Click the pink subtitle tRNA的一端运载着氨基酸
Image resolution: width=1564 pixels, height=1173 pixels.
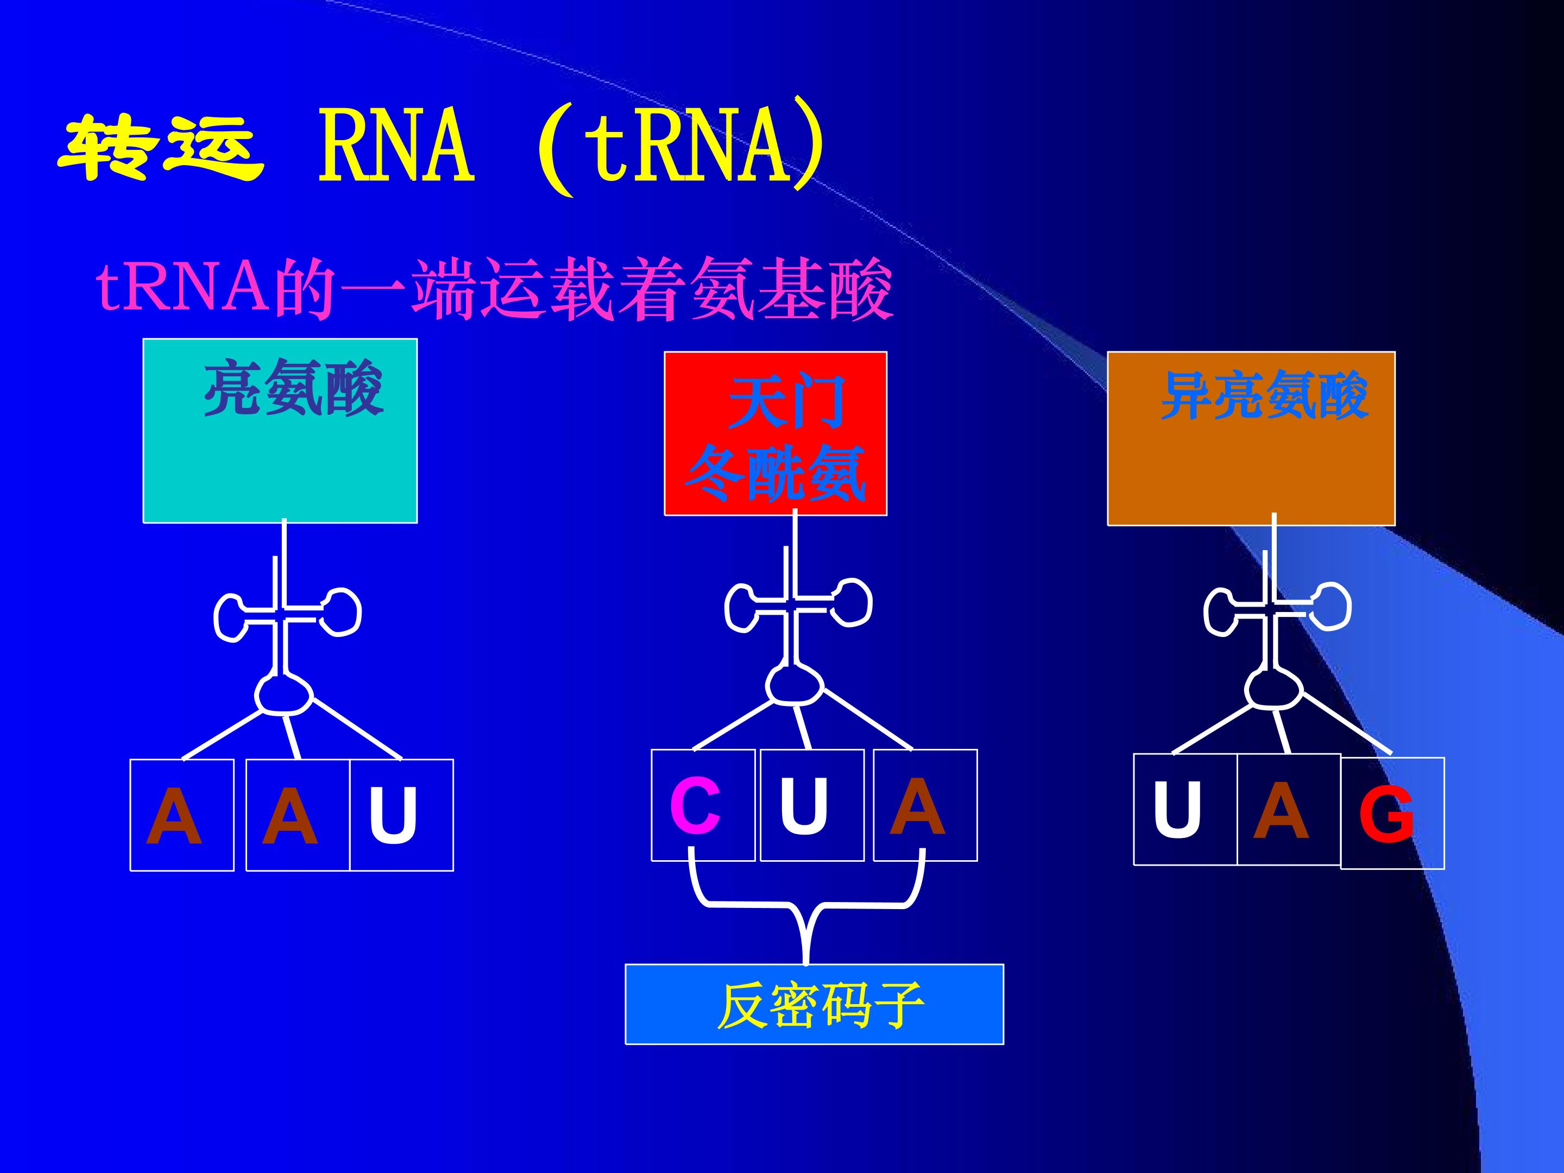tap(494, 289)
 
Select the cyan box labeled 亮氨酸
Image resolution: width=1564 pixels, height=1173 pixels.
tap(280, 431)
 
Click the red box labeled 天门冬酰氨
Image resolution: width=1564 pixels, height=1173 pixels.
tap(775, 433)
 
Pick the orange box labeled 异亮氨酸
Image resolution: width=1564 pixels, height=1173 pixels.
tap(1251, 438)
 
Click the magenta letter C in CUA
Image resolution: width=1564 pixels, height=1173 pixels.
tap(695, 806)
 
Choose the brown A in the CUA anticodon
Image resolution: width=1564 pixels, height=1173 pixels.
tap(917, 805)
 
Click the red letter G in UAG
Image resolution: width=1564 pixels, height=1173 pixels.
tap(1386, 815)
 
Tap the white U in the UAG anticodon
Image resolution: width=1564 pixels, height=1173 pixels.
tap(1177, 810)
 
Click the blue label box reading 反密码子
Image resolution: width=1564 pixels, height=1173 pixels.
tap(815, 1004)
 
